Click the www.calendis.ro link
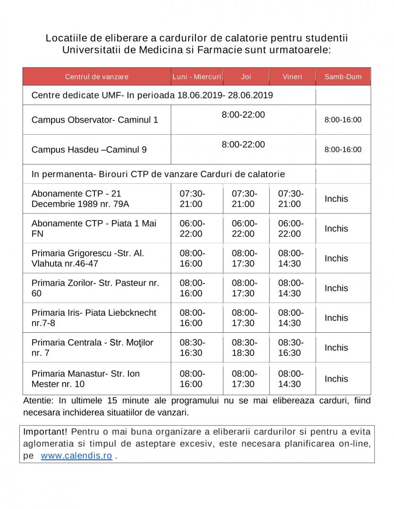click(76, 456)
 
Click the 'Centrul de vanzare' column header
click(97, 76)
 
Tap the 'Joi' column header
click(246, 76)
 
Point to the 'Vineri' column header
click(292, 76)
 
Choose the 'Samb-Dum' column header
click(343, 76)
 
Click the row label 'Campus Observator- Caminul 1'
click(95, 120)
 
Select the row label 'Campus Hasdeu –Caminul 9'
click(89, 149)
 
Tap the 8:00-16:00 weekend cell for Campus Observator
click(343, 120)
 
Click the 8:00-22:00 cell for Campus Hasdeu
click(243, 145)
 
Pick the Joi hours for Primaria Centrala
click(244, 347)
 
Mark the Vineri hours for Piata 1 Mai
click(291, 229)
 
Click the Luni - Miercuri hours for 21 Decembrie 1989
click(193, 198)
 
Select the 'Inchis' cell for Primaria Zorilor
click(336, 288)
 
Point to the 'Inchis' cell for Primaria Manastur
click(336, 378)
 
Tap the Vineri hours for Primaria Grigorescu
click(291, 258)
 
